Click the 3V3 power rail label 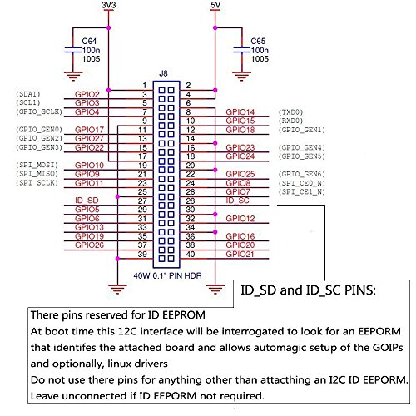point(108,5)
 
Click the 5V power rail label point(215,5)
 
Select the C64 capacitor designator point(89,41)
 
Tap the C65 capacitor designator point(258,41)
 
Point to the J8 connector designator point(163,73)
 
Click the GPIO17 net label point(89,130)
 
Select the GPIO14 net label point(240,112)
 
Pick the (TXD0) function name point(290,112)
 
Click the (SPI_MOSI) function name point(37,165)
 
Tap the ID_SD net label point(87,201)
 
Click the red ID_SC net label point(237,201)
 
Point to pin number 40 point(191,254)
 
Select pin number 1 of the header point(145,86)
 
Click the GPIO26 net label point(89,245)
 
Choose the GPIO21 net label point(240,254)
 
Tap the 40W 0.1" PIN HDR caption point(167,275)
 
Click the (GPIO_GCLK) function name point(39,111)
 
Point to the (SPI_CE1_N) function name point(301,191)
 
